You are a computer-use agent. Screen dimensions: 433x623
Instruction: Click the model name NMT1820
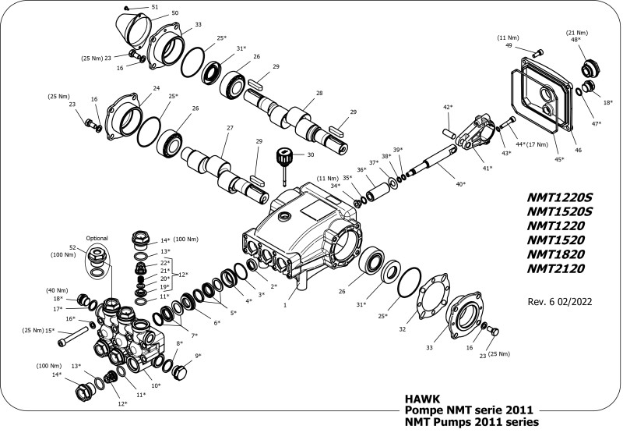click(556, 254)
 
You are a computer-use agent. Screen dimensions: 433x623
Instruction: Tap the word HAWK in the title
click(419, 396)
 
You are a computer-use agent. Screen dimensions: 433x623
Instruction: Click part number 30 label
click(311, 155)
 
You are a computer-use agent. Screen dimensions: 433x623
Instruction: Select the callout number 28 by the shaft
click(319, 93)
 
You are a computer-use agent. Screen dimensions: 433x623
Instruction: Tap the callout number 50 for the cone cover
click(175, 13)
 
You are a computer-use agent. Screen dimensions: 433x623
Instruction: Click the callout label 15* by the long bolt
click(50, 330)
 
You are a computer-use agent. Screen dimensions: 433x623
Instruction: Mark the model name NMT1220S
click(560, 196)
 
